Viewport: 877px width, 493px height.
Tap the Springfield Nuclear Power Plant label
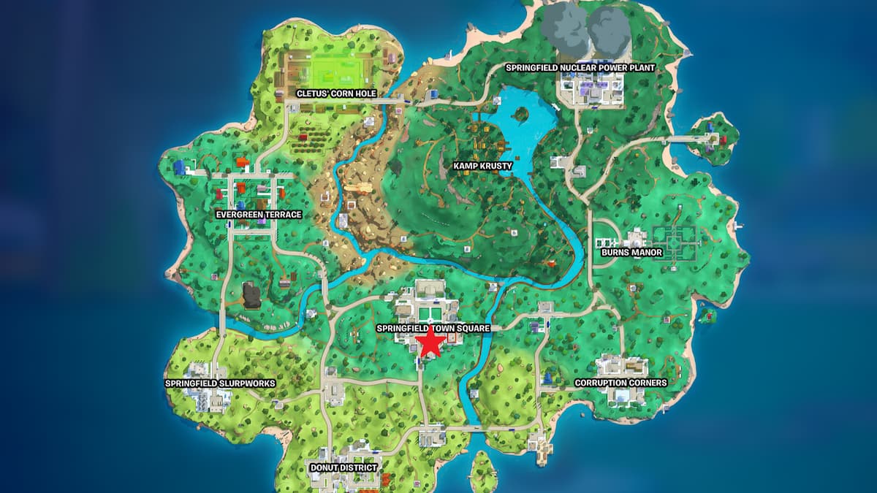coord(580,68)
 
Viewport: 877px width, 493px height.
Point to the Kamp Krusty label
coord(482,166)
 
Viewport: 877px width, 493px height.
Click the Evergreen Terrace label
coord(259,215)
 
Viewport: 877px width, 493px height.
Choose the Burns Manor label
coord(631,253)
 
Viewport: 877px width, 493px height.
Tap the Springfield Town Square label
coord(433,329)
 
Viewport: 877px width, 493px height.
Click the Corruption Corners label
coord(620,383)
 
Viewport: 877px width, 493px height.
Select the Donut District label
coord(343,467)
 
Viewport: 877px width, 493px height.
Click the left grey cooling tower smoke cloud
coord(565,24)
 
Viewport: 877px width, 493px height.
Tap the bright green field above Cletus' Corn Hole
coord(336,71)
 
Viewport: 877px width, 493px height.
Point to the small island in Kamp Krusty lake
coord(521,114)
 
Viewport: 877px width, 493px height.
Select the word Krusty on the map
coord(496,166)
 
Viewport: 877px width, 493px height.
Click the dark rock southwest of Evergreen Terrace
coord(252,296)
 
